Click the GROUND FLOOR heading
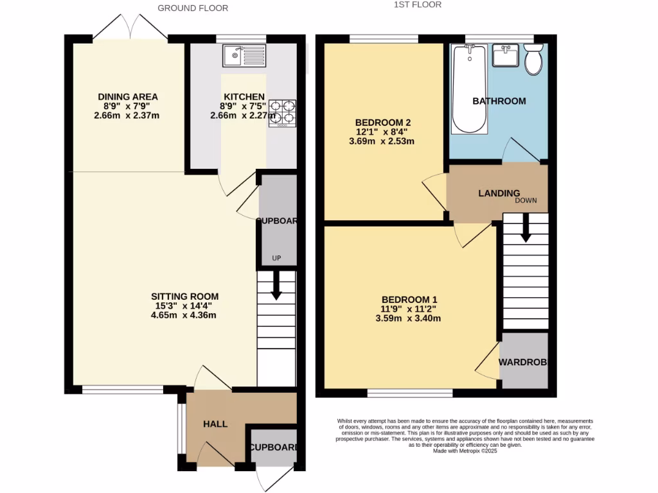(193, 8)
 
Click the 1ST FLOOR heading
(418, 4)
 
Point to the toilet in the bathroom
(533, 60)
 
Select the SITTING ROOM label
(184, 297)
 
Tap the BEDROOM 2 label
(384, 123)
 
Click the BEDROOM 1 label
(409, 300)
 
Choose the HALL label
(215, 424)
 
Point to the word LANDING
(499, 193)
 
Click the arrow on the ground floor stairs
(276, 286)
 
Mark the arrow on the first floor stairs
(526, 229)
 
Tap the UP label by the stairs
(277, 259)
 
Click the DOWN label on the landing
(525, 201)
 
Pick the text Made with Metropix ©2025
(465, 451)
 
